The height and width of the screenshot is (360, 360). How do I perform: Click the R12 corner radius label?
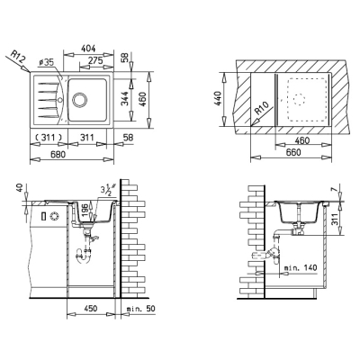pos(17,57)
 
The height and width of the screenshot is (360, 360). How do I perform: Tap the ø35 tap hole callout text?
pos(46,62)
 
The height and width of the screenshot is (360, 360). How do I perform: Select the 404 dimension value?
pos(88,48)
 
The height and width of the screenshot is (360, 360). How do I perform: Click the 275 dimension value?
pos(95,60)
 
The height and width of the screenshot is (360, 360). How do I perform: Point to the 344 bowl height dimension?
pos(126,99)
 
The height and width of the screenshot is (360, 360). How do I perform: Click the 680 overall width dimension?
pos(58,155)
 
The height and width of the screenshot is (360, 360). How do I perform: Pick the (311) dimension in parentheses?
pos(49,138)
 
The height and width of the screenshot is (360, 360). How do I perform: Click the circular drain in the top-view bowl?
pos(80,100)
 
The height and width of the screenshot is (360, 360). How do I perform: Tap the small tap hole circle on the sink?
pos(60,99)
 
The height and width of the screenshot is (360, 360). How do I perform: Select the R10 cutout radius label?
pos(262,108)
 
